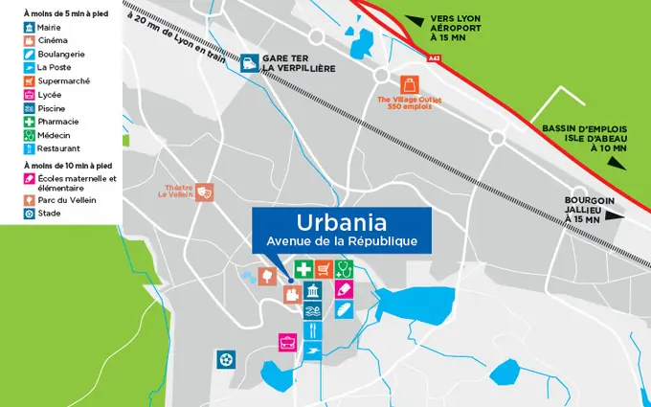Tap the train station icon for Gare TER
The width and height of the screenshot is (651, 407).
(249, 64)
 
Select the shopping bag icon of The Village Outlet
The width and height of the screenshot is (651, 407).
(411, 83)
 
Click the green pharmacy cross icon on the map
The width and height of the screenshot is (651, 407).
(303, 269)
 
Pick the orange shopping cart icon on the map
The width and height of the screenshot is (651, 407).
(324, 269)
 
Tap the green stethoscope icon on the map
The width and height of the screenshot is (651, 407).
(345, 269)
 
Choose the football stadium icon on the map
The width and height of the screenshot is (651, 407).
(226, 360)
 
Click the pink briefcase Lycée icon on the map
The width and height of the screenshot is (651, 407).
(285, 341)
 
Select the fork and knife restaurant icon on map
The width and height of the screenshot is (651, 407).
(313, 331)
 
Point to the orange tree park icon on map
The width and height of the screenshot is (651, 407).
(268, 277)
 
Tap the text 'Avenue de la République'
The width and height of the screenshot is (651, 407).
(342, 240)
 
